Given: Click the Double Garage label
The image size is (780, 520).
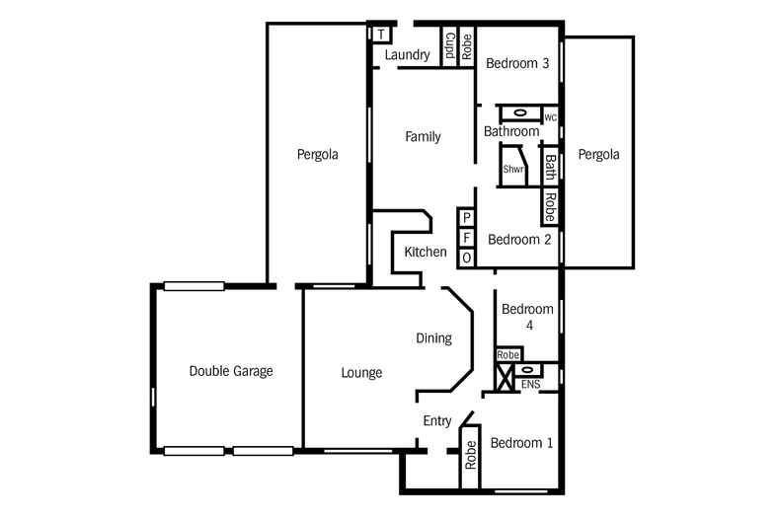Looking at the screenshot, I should tap(231, 372).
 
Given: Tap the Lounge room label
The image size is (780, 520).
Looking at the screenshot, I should tap(361, 373).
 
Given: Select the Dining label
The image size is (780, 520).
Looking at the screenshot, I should tap(433, 338).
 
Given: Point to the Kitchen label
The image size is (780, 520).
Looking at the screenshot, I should tap(426, 253).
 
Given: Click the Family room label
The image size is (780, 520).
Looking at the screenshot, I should tap(423, 137).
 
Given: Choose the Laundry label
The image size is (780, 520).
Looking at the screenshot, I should tap(407, 55).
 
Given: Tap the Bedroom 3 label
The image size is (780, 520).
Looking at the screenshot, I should tap(517, 64).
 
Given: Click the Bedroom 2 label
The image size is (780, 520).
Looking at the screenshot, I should tap(519, 239).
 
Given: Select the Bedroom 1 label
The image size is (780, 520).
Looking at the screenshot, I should tap(521, 443).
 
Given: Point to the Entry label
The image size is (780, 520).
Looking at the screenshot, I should tap(437, 421).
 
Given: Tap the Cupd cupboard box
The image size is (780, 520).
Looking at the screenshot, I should tap(448, 46).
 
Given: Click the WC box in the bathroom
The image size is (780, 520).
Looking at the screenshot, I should tap(551, 118).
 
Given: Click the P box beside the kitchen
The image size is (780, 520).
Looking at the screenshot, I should tap(467, 218).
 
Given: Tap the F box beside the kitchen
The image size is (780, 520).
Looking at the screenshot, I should tap(467, 238).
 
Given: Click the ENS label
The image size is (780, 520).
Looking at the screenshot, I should tap(530, 384).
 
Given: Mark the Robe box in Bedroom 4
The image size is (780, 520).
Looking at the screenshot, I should tap(508, 354).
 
